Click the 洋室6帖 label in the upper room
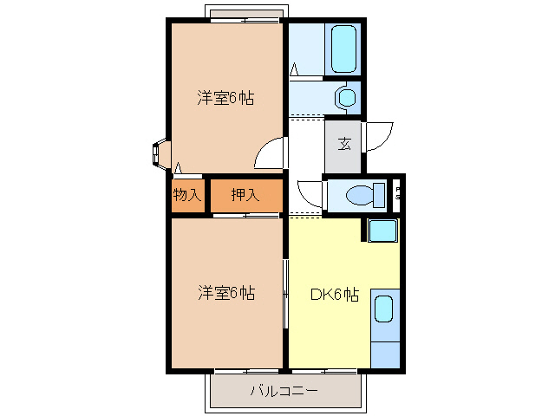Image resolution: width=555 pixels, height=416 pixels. [225, 98]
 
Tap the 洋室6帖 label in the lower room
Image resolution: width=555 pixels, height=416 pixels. [225, 293]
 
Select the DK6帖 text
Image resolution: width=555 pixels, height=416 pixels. [335, 294]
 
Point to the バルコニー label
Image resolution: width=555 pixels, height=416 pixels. [284, 391]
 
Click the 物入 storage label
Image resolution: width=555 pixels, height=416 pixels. [186, 195]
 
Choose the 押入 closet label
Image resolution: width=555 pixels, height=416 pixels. [245, 195]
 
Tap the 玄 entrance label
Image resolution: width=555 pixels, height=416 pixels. [344, 143]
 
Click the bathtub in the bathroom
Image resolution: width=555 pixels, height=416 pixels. [343, 49]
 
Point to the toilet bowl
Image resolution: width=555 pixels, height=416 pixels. [363, 196]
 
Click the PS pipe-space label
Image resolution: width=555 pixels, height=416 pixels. [398, 193]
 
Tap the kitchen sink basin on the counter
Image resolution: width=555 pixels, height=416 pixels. [383, 311]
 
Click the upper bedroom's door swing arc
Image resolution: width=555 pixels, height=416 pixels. [269, 153]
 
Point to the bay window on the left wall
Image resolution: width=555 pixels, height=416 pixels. [159, 153]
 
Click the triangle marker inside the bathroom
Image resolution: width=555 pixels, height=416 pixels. [295, 68]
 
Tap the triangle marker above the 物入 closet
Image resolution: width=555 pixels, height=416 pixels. [177, 168]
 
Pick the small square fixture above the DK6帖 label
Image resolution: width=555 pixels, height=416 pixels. [382, 231]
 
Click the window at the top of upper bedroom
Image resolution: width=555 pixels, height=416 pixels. [245, 15]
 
